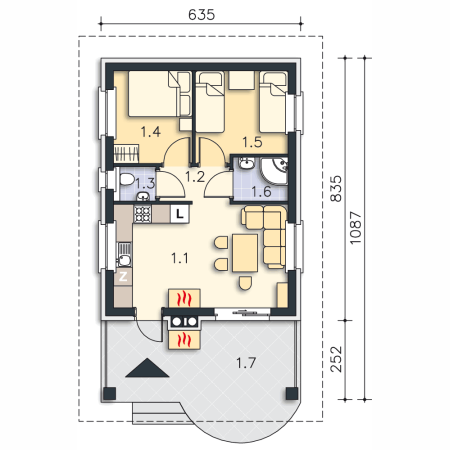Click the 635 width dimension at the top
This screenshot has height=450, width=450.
point(201,15)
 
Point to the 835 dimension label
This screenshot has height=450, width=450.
point(336,189)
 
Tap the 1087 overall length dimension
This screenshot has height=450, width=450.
point(356,227)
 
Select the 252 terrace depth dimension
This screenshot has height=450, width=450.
point(336,359)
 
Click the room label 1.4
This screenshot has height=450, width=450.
point(151,132)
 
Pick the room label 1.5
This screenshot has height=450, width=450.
point(252,142)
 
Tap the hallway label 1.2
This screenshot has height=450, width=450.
point(195,177)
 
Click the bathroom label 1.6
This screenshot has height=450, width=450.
point(261,192)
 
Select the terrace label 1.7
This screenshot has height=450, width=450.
point(246,363)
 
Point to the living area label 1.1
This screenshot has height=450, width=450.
point(180,258)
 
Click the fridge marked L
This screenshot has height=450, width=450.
point(180,214)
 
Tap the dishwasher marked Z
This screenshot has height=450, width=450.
point(123,277)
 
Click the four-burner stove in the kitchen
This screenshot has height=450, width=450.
point(143,214)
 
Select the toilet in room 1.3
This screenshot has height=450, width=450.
point(127,179)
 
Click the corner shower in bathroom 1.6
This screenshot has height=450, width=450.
point(274,171)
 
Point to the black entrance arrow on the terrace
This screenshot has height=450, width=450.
point(147,368)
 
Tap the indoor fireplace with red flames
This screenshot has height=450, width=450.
point(184,298)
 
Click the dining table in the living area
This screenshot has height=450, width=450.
point(245,253)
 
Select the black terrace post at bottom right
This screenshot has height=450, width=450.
point(292,394)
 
